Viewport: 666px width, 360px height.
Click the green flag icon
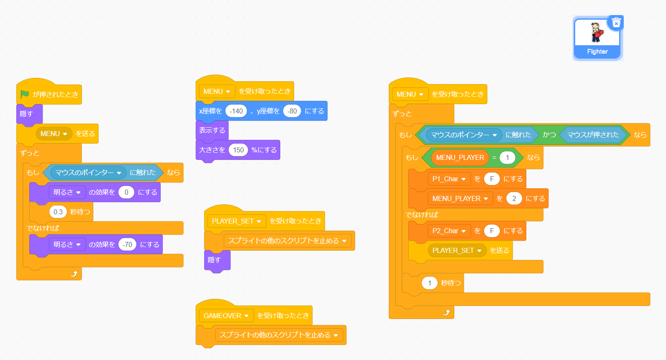coord(25,94)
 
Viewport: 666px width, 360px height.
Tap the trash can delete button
coord(616,23)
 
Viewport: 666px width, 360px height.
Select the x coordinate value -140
coord(236,111)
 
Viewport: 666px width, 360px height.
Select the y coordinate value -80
coord(292,111)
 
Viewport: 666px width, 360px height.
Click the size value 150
coord(238,150)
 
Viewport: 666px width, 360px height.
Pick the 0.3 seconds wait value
coord(58,212)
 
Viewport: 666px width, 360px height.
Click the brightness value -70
coord(128,244)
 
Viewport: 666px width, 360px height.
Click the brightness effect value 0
coord(126,192)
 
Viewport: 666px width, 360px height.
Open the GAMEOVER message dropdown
coord(246,316)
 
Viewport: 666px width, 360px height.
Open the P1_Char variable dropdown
coord(464,179)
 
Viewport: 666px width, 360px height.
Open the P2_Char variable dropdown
coord(464,231)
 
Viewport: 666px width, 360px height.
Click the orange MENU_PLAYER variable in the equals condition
coord(460,157)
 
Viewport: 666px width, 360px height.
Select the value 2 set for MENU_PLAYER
coord(514,198)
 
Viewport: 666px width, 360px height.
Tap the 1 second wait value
coord(430,283)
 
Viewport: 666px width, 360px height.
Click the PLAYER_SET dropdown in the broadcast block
coord(479,250)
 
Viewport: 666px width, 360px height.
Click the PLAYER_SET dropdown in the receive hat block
coord(259,221)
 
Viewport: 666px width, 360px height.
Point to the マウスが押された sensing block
coord(593,135)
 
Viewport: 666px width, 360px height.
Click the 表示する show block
coord(212,130)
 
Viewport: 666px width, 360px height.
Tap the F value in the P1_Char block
coord(492,179)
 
